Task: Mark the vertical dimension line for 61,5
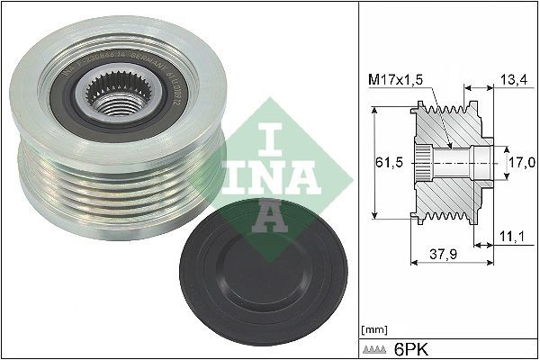[371, 162]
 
